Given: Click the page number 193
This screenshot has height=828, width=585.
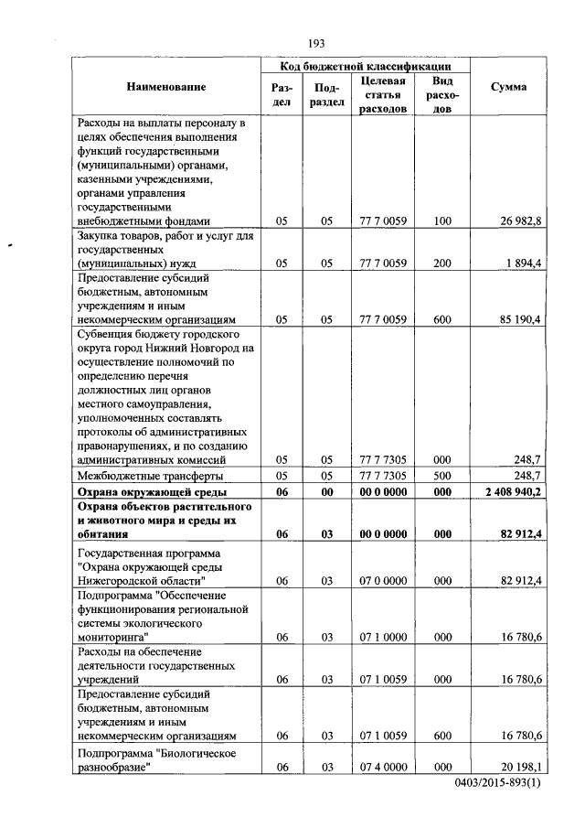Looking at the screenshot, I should [317, 43].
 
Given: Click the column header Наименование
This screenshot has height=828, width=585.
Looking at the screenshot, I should [166, 87].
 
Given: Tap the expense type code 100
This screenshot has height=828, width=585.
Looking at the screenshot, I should [443, 220].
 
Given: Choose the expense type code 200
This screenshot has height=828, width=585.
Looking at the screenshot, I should [443, 263].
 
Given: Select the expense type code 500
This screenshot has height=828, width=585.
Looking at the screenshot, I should [443, 476].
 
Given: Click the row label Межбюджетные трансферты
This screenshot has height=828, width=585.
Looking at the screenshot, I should [150, 476].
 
